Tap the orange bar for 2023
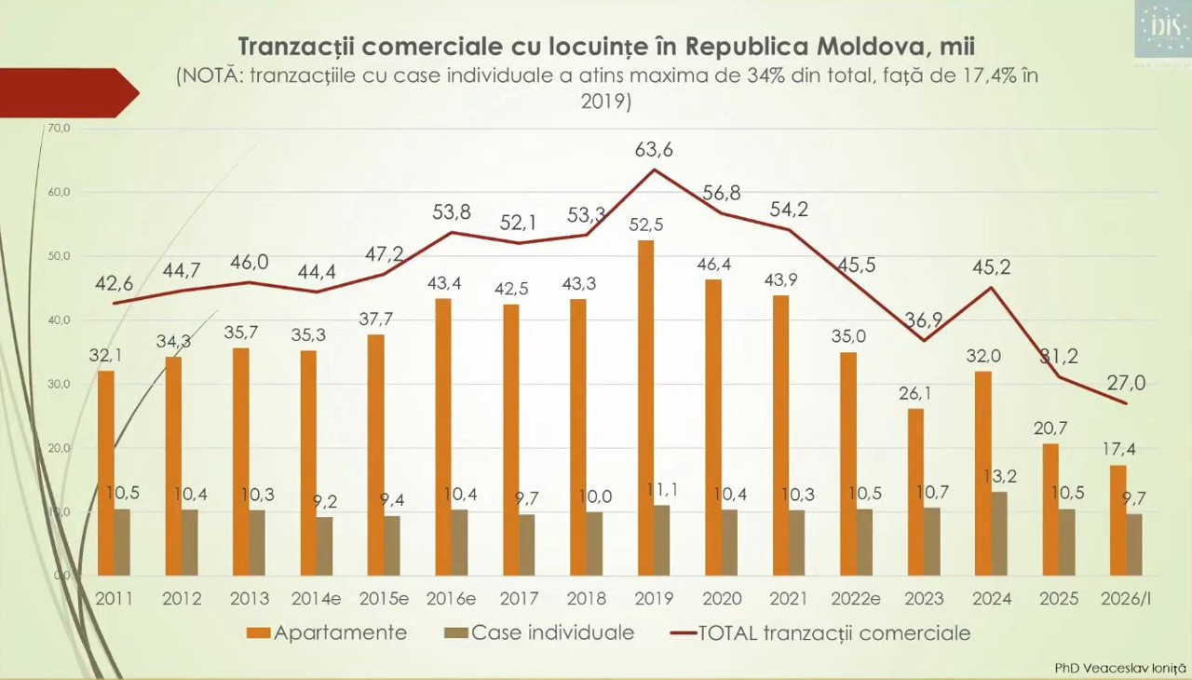coord(916,491)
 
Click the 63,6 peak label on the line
coord(654,149)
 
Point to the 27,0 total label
coord(1126,383)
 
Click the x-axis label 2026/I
coord(1126,599)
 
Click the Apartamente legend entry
coord(328,633)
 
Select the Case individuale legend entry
coord(540,633)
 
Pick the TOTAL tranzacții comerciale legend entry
coord(820,633)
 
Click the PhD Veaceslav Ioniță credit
coord(1120,668)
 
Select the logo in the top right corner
coord(1161,29)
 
